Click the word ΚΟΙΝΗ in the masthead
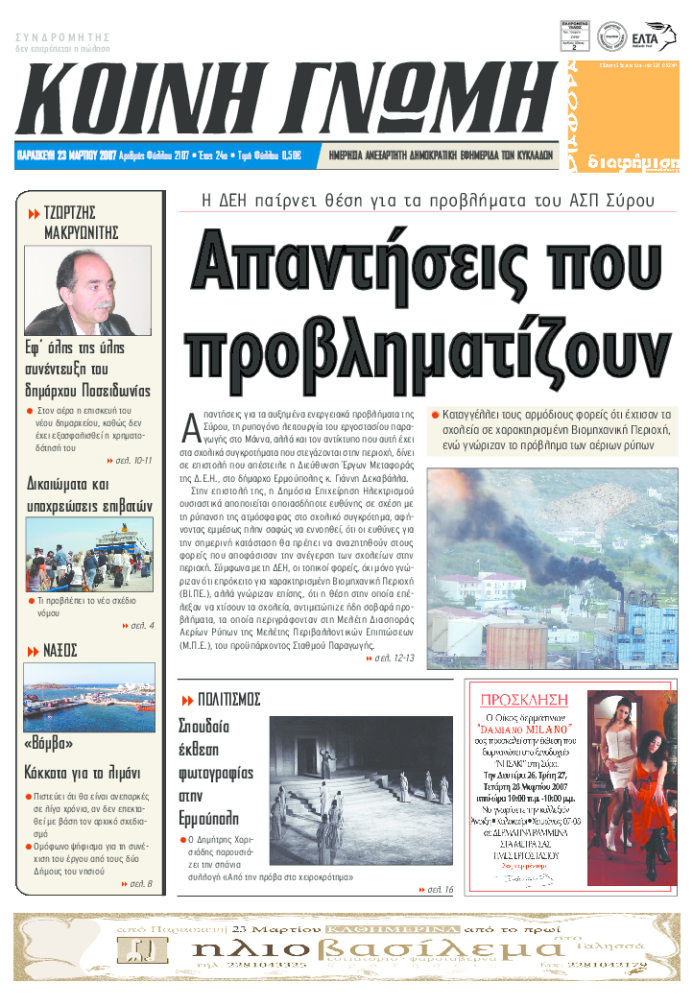pos(145,99)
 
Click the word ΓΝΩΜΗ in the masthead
pos(412,99)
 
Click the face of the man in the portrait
pos(95,281)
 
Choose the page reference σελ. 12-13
pos(394,658)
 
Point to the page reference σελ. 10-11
pos(132,461)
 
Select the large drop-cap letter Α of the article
pos(190,423)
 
